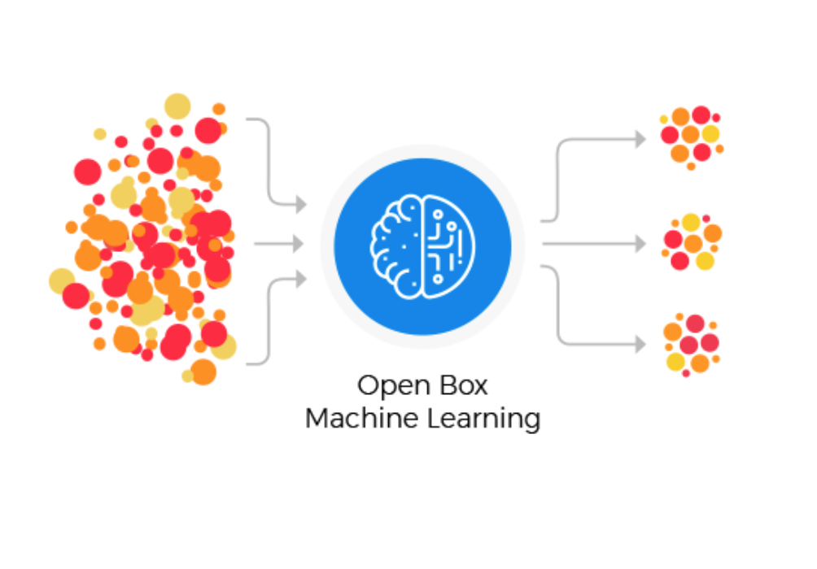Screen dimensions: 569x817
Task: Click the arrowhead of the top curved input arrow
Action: [x=301, y=205]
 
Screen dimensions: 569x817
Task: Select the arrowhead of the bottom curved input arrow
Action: [x=301, y=280]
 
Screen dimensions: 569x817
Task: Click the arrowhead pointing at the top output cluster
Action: [x=640, y=140]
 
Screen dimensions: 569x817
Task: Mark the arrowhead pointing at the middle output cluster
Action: [x=640, y=243]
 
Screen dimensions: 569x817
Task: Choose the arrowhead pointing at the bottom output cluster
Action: [x=640, y=345]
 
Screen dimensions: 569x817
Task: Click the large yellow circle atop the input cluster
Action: [x=177, y=106]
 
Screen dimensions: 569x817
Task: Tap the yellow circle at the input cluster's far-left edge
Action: [x=62, y=280]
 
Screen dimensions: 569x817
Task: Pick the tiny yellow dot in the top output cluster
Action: [x=664, y=119]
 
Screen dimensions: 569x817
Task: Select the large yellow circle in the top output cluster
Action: [x=710, y=133]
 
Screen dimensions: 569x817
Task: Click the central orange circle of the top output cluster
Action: [x=690, y=134]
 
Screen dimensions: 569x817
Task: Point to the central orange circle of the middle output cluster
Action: [x=693, y=243]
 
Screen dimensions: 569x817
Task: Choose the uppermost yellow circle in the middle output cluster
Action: [x=691, y=222]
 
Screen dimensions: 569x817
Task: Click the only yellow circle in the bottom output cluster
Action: [x=675, y=361]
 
